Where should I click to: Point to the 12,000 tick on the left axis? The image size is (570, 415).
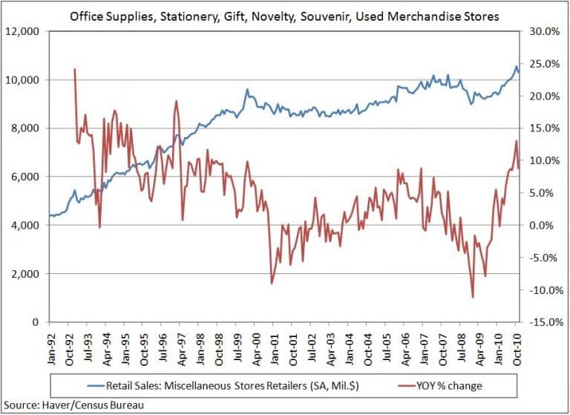24,31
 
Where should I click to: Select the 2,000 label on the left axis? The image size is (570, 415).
27,274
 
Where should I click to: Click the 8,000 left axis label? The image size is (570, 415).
27,128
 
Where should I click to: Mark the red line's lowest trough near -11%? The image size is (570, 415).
473,297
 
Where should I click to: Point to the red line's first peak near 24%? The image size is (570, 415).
75,70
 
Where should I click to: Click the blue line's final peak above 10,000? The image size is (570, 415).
517,67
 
